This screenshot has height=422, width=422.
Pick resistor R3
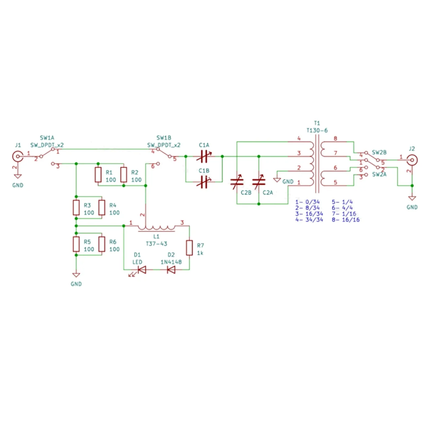[76, 207]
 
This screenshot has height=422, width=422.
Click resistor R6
[102, 244]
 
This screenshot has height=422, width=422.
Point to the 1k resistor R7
[190, 248]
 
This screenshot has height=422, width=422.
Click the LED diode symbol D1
[142, 270]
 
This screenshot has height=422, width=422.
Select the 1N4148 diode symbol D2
[171, 270]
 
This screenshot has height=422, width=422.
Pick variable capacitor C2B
[237, 182]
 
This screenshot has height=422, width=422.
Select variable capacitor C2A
[259, 182]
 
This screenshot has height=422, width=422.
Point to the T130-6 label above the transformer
[317, 130]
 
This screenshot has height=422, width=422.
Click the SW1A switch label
[47, 138]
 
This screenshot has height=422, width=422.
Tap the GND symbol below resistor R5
[76, 275]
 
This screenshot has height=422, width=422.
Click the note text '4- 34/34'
[309, 219]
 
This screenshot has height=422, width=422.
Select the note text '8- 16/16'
[346, 219]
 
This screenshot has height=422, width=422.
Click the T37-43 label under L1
[156, 243]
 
